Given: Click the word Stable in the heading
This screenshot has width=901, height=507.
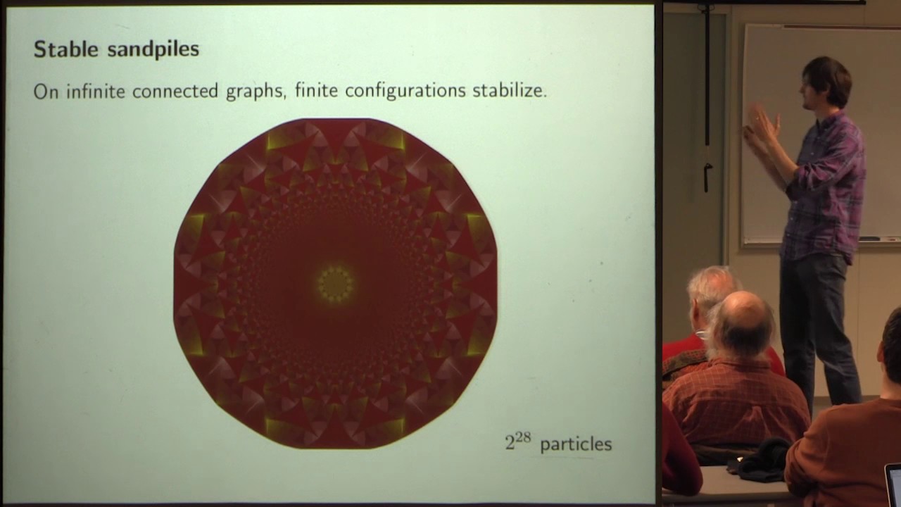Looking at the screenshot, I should coord(63,49).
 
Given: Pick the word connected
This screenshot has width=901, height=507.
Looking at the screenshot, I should coord(176,92).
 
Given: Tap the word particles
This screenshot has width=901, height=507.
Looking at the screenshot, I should coord(576,444).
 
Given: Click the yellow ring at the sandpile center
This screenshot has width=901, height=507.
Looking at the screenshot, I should coord(335,284).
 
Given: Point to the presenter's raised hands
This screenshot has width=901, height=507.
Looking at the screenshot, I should coord(761,125).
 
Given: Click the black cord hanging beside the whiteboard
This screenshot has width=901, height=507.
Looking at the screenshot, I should coord(707,99).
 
